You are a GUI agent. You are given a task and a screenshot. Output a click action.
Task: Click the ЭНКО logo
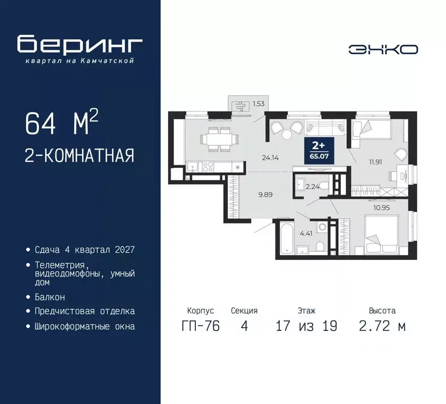[383, 49]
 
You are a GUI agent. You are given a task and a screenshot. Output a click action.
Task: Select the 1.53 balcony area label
[258, 104]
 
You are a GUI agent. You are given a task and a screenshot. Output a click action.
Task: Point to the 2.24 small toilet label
[312, 186]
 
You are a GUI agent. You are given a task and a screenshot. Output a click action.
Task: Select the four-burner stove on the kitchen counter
[207, 167]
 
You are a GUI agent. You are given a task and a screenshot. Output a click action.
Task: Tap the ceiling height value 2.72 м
[382, 326]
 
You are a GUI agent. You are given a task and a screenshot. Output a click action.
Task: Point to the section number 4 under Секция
[244, 326]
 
